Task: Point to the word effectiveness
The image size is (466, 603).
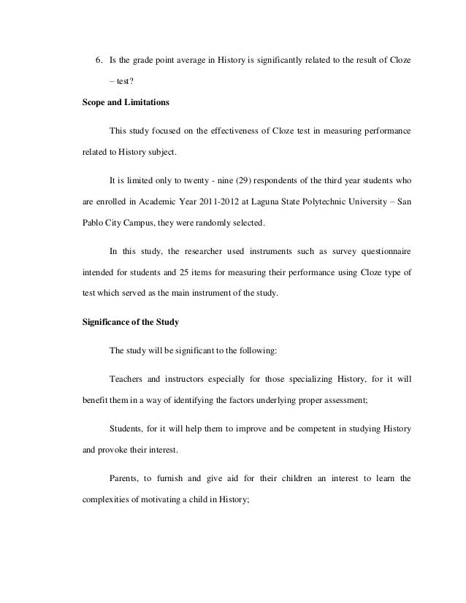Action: pyautogui.click(x=218, y=131)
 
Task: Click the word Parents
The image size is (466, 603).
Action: pyautogui.click(x=126, y=479)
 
